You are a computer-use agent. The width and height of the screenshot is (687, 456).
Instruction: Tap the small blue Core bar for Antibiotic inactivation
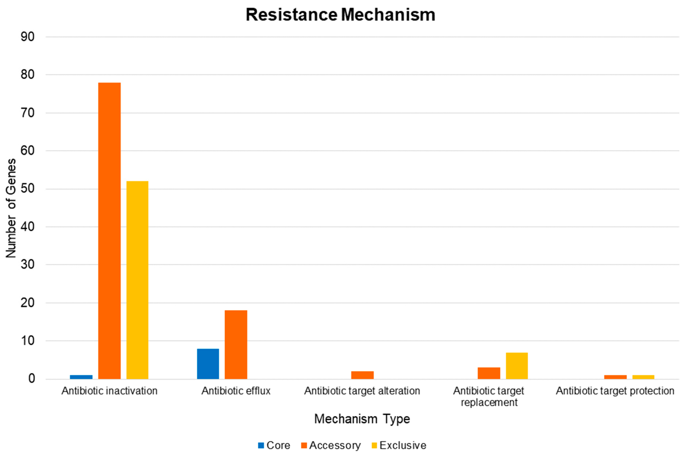click(81, 377)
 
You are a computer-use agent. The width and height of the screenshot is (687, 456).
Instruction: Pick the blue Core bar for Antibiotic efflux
click(208, 364)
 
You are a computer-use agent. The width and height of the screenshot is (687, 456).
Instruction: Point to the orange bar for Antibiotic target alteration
click(362, 375)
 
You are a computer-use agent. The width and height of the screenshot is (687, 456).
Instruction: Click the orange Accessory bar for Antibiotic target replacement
click(489, 373)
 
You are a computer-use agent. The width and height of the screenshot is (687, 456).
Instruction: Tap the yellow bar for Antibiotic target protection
click(643, 377)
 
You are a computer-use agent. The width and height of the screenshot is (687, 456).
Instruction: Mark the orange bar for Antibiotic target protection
click(615, 377)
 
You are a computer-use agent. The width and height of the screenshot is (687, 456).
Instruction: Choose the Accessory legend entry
click(331, 445)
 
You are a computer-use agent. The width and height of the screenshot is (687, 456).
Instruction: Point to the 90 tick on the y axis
click(28, 37)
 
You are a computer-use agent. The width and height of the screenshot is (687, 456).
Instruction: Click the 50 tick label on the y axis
click(28, 189)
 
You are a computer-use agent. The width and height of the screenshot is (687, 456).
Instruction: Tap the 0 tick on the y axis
click(31, 379)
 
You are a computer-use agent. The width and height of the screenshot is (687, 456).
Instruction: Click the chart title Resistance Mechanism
click(340, 15)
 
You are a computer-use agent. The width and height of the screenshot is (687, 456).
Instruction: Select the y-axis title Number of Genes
click(11, 208)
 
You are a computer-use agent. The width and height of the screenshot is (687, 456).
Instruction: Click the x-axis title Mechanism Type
click(362, 419)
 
